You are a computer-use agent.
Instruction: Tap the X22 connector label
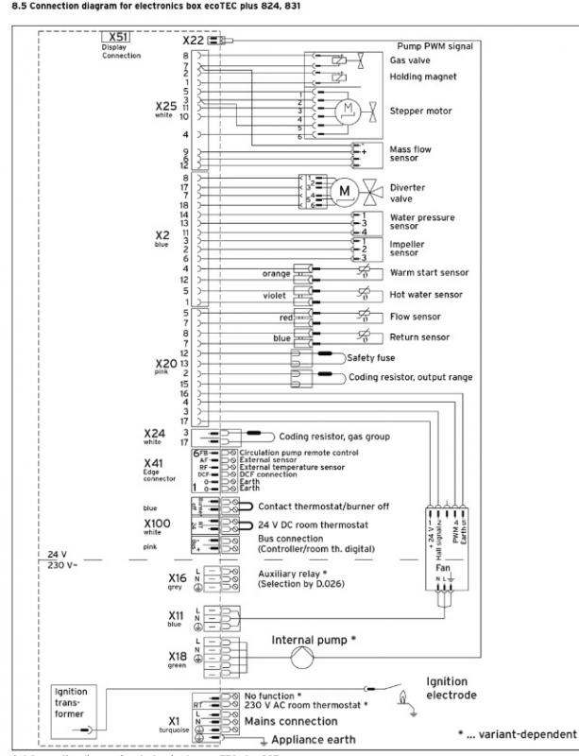192,42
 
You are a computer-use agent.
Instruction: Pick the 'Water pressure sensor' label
421,222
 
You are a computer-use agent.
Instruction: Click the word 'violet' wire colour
277,296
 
